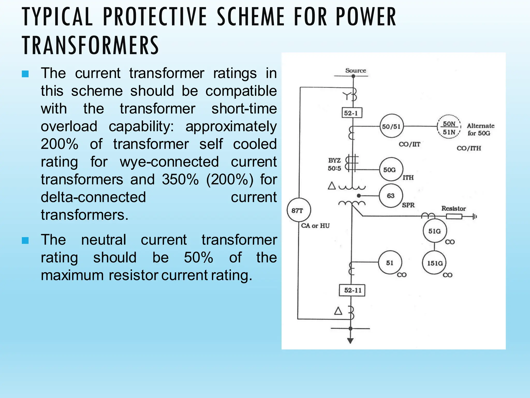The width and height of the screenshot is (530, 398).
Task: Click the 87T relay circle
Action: (x=299, y=210)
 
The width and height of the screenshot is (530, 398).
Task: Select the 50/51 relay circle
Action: (x=391, y=126)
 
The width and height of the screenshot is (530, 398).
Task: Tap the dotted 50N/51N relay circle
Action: (x=449, y=127)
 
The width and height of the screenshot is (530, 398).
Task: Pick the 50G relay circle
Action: (x=391, y=169)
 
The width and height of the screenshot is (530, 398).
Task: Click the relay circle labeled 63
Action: (x=391, y=196)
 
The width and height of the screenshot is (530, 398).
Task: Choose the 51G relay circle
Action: (x=435, y=231)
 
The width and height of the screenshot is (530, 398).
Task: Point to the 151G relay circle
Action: (x=435, y=263)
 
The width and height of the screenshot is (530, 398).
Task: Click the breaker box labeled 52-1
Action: (x=351, y=113)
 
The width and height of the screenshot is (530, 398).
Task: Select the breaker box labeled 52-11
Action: (x=352, y=290)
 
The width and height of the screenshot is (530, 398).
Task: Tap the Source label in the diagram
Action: (x=356, y=70)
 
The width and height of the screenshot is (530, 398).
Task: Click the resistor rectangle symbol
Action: (x=454, y=216)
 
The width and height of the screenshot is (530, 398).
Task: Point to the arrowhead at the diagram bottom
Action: (x=350, y=340)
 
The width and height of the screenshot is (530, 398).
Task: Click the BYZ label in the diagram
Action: (x=334, y=160)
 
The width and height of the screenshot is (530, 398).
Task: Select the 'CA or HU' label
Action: (x=315, y=226)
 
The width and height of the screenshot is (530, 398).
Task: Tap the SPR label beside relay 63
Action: (x=408, y=205)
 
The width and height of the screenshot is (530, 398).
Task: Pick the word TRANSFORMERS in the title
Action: (x=91, y=45)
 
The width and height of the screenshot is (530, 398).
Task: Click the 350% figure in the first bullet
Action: (x=180, y=179)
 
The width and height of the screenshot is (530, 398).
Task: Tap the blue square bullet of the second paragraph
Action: (x=25, y=240)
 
